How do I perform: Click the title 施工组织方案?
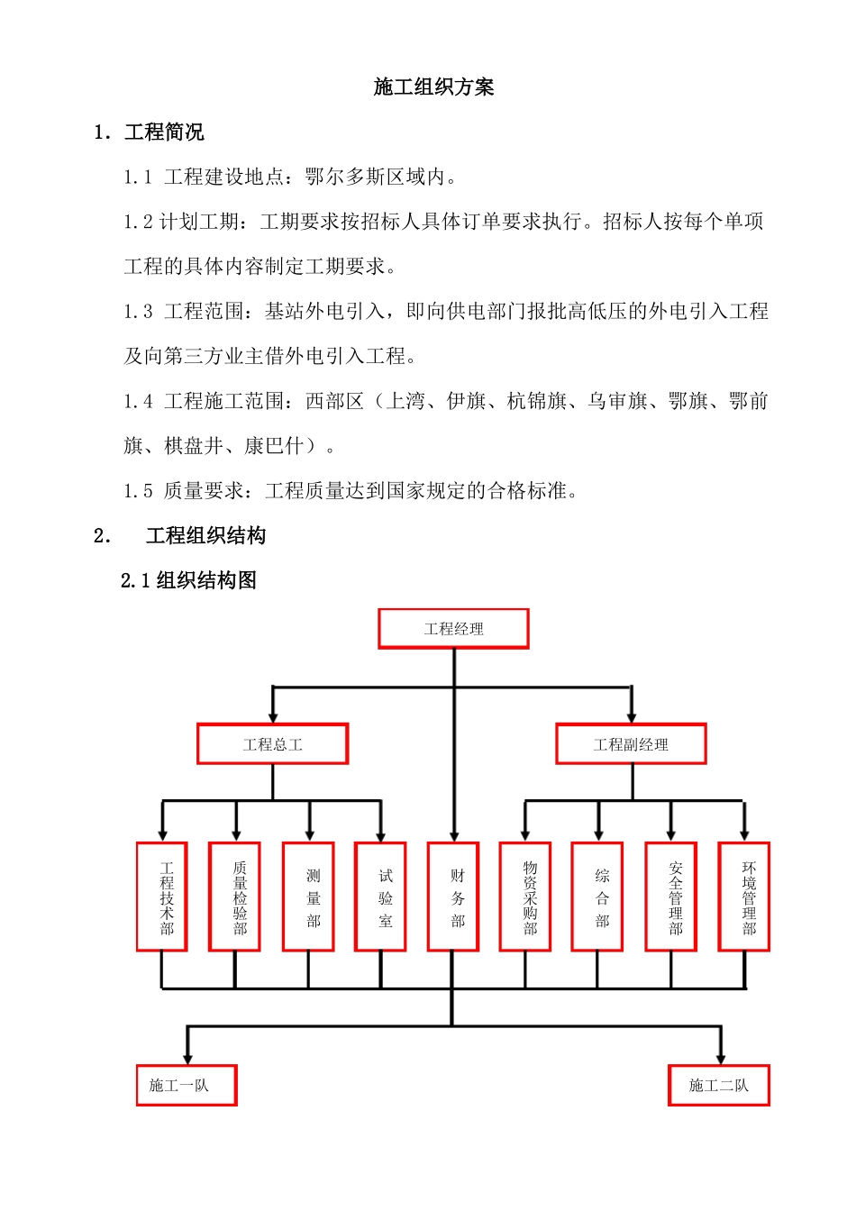pyautogui.click(x=433, y=87)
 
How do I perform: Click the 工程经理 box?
pyautogui.click(x=453, y=629)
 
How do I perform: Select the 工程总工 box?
pyautogui.click(x=272, y=744)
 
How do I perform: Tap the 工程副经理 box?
pyautogui.click(x=631, y=744)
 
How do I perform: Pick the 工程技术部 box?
pyautogui.click(x=162, y=897)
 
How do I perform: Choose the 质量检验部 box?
pyautogui.click(x=235, y=897)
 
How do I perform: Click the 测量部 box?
pyautogui.click(x=308, y=897)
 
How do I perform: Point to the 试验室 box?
pyautogui.click(x=381, y=897)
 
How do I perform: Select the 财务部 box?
pyautogui.click(x=453, y=897)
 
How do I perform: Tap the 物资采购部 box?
pyautogui.click(x=525, y=897)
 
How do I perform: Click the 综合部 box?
pyautogui.click(x=597, y=897)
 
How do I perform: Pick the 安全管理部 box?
pyautogui.click(x=671, y=897)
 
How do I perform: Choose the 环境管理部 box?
pyautogui.click(x=744, y=897)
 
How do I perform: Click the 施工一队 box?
pyautogui.click(x=187, y=1085)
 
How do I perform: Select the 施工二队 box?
pyautogui.click(x=719, y=1085)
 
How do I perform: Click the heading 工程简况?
pyautogui.click(x=164, y=132)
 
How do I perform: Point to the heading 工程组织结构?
pyautogui.click(x=205, y=536)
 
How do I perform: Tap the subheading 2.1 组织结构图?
pyautogui.click(x=188, y=580)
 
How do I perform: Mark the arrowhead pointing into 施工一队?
pyautogui.click(x=187, y=1058)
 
